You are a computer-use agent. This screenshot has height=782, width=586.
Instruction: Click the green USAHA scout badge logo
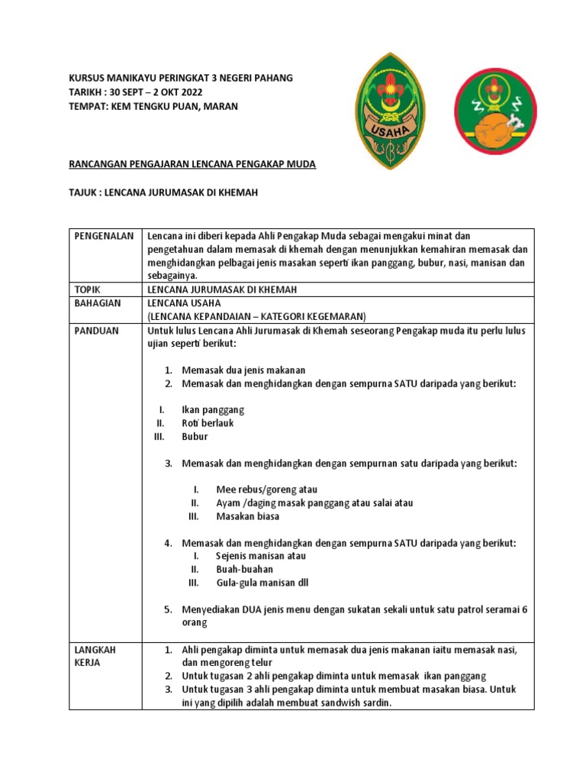[x=391, y=111]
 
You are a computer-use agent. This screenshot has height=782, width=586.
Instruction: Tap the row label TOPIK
[x=88, y=289]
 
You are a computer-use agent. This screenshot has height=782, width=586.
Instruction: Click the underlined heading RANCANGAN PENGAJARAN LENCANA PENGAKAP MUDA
[x=192, y=164]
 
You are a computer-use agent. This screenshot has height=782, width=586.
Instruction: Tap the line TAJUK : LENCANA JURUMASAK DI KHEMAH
[x=163, y=193]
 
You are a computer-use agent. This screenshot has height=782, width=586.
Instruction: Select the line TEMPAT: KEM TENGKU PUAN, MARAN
[x=153, y=106]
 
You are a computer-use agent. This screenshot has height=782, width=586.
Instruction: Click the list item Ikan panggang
[x=213, y=410]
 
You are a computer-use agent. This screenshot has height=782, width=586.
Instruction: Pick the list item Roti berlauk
[x=208, y=423]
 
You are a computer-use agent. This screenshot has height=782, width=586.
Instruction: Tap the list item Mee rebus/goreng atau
[x=266, y=490]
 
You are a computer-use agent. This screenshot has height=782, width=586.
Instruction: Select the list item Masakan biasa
[x=247, y=516]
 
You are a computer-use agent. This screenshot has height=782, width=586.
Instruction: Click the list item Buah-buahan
[x=244, y=570]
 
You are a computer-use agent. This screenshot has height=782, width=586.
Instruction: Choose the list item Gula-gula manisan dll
[x=262, y=583]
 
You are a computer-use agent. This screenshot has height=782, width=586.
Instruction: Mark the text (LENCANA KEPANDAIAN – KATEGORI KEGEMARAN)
[x=257, y=316]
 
